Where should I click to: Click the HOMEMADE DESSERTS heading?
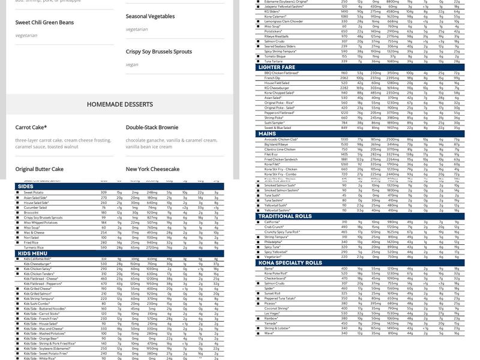119,104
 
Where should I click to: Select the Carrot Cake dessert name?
31,128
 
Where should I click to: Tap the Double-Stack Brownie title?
152,128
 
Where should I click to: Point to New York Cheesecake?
152,169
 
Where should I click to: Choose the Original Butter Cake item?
40,169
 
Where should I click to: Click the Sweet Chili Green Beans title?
44,23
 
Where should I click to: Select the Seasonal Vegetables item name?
150,16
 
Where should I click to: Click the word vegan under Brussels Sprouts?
132,65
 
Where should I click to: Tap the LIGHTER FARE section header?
277,67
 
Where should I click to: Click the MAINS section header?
267,134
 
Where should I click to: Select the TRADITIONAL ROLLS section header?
285,216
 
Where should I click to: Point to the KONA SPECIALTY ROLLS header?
290,263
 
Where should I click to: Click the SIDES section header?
25,187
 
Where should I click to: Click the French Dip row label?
272,78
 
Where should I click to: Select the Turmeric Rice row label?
34,247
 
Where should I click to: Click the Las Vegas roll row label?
272,313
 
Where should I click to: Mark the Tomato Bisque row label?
274,56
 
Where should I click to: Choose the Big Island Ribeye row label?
276,145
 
